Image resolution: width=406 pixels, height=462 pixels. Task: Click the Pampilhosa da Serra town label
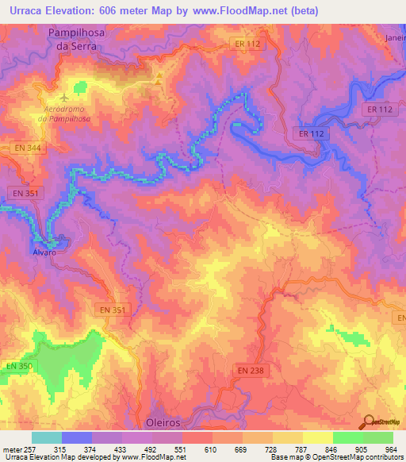pos(72,39)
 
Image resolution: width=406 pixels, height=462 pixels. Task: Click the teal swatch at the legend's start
pos(46,437)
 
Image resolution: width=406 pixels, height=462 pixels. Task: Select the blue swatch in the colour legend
pos(76,437)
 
